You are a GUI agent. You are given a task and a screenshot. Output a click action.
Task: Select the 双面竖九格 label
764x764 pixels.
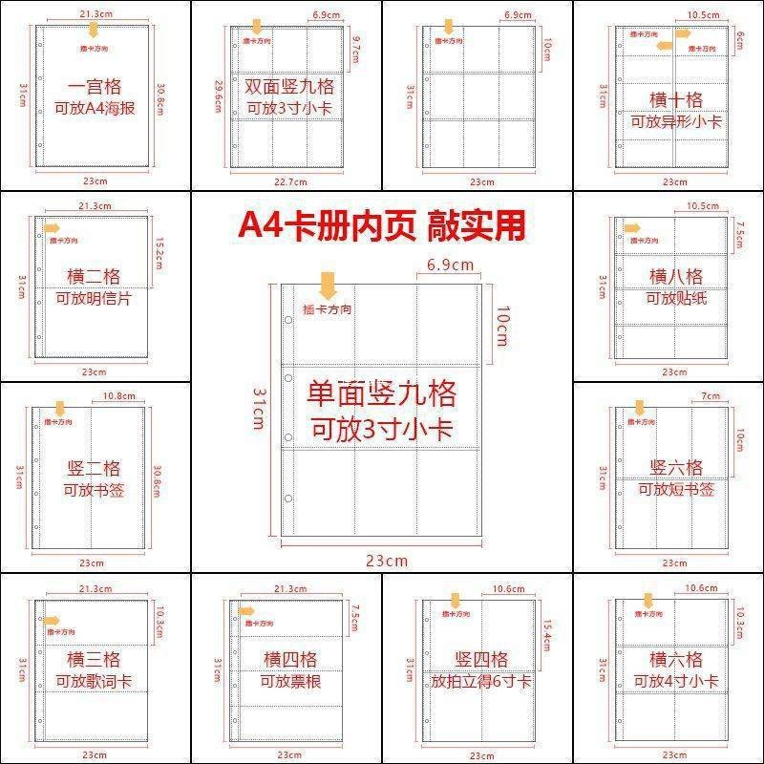tap(286, 85)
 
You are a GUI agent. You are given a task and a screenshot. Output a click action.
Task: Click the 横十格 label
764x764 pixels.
tap(676, 99)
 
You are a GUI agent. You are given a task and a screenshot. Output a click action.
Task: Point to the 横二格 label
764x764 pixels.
tap(94, 276)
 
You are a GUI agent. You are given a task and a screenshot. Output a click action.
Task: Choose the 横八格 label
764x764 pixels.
tap(676, 276)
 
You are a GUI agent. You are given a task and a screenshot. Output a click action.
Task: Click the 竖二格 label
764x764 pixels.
tap(94, 468)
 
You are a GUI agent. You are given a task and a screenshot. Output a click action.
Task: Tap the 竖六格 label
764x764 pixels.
tap(676, 467)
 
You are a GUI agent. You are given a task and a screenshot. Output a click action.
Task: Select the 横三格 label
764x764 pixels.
tap(94, 659)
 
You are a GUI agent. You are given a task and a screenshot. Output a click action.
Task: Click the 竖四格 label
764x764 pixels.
tap(481, 659)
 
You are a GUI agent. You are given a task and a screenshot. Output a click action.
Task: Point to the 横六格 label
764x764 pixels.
tap(676, 659)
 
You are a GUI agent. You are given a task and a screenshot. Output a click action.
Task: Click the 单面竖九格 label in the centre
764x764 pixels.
tap(382, 392)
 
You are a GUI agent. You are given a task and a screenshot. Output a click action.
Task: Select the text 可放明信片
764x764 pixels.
tap(94, 299)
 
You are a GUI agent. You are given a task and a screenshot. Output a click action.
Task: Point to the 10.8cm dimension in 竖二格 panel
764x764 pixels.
tap(118, 395)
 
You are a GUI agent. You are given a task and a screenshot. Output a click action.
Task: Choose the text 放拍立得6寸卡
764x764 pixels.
tap(481, 682)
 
